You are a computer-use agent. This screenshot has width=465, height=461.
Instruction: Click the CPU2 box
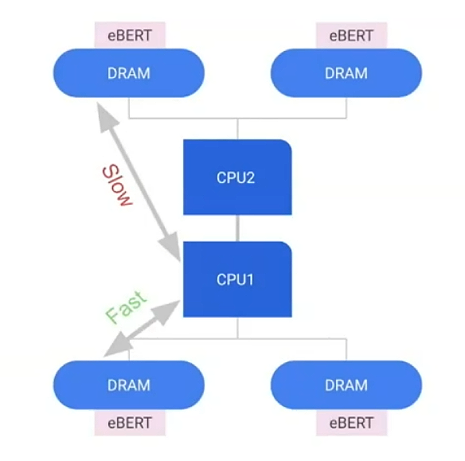(237, 177)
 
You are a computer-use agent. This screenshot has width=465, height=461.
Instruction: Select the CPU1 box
(237, 279)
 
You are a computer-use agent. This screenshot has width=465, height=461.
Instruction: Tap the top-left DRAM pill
(129, 73)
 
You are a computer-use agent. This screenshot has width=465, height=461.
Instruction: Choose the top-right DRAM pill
(346, 73)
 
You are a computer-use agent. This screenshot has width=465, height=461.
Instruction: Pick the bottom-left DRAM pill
(129, 385)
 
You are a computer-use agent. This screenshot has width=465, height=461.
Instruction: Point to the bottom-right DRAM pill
(346, 385)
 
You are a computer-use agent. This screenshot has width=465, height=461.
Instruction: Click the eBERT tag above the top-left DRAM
(130, 35)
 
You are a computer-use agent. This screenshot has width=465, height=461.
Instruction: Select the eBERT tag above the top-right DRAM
(351, 35)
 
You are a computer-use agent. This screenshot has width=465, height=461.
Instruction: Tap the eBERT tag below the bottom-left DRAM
(130, 423)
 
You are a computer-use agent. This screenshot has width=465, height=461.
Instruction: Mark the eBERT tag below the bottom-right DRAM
(351, 423)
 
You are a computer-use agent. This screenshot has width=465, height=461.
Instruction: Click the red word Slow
(117, 186)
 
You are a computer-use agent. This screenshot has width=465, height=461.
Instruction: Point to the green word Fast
(127, 307)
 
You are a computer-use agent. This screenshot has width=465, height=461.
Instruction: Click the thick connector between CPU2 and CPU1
(237, 228)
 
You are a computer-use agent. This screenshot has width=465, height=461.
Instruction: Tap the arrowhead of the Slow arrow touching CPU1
(170, 247)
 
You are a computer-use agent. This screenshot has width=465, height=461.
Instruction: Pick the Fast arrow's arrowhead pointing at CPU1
(166, 311)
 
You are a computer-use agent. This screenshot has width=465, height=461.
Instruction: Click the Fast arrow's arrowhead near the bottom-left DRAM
(118, 346)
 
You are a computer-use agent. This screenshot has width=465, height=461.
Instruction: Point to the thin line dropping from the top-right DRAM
(346, 108)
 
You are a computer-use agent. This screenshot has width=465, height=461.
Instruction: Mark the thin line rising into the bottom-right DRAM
(346, 350)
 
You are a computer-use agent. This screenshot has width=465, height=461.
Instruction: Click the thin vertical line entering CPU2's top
(237, 129)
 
